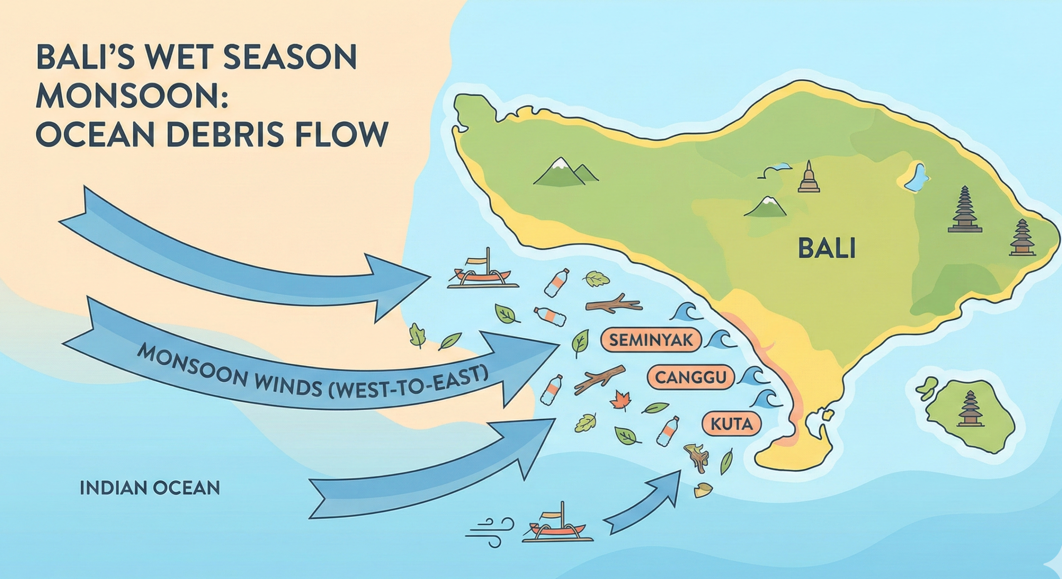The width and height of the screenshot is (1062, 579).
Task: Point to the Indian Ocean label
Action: tap(150, 488)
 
